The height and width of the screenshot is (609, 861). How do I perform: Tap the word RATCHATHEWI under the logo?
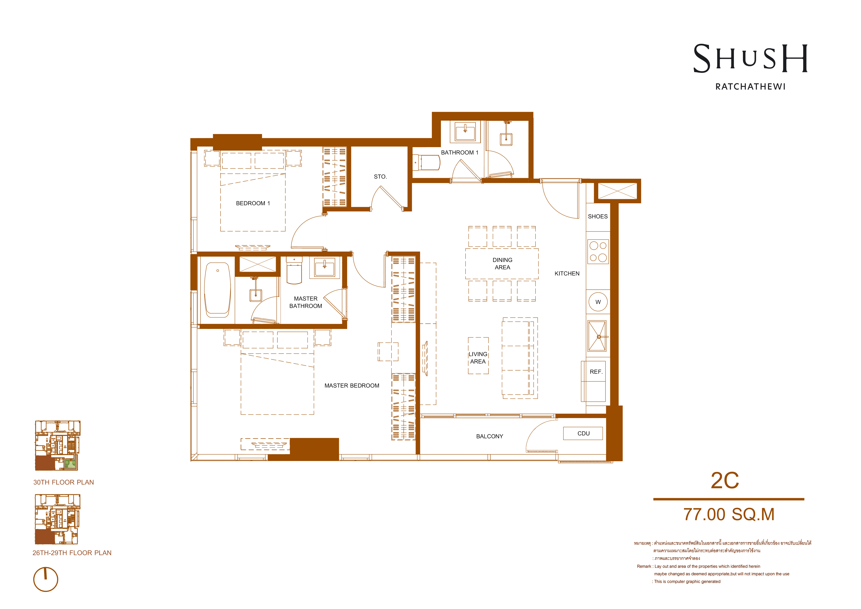click(x=750, y=87)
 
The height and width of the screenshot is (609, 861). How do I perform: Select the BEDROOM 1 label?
click(x=253, y=203)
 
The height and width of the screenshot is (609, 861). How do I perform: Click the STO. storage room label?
click(x=380, y=177)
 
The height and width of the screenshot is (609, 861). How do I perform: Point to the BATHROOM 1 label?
click(x=460, y=153)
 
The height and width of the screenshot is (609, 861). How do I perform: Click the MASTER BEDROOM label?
click(x=352, y=385)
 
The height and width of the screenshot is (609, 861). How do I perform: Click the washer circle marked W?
click(x=598, y=302)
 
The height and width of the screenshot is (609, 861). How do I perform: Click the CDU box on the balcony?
click(x=583, y=434)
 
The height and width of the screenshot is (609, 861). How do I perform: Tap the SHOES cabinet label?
click(x=598, y=216)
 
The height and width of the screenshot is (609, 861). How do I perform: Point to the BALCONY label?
click(x=490, y=436)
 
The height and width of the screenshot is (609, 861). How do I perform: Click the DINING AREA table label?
click(x=502, y=264)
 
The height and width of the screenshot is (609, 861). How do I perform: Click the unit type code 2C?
click(x=725, y=480)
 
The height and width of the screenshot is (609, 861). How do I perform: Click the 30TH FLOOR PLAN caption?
click(x=64, y=482)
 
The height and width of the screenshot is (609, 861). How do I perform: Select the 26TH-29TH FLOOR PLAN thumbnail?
click(x=57, y=519)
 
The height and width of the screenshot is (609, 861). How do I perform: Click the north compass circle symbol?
click(x=46, y=579)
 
